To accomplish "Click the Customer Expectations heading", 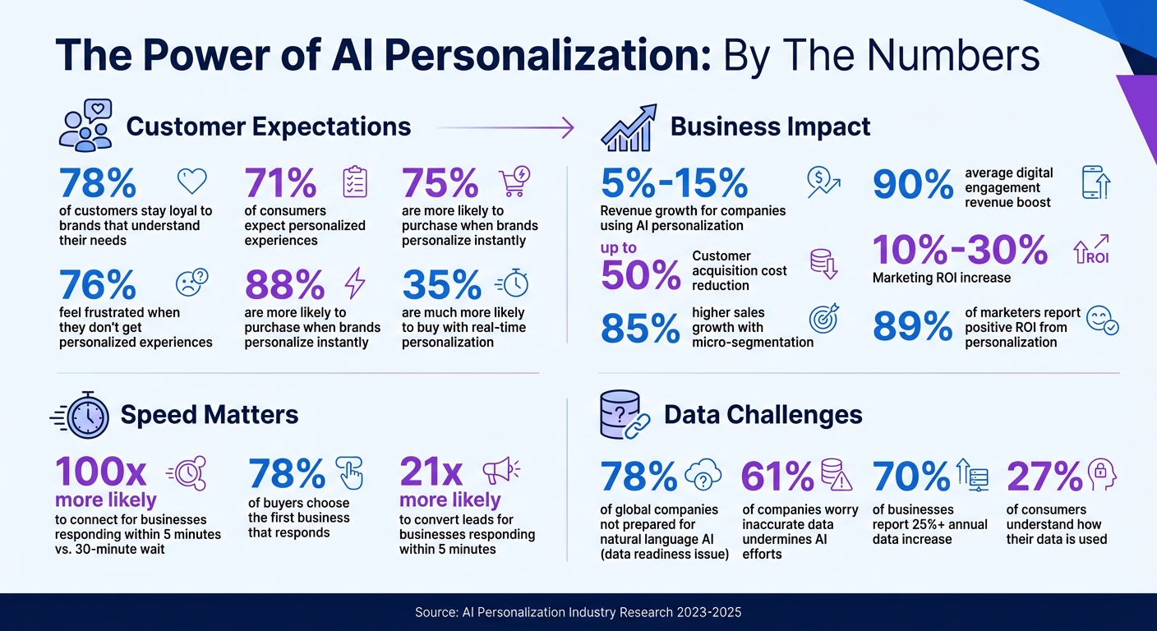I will click(268, 127).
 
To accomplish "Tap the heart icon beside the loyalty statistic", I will click(192, 181).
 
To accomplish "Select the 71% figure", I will click(280, 183).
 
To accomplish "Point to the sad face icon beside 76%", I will click(192, 283).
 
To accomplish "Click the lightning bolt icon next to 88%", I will click(354, 283).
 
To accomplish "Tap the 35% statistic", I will click(441, 285).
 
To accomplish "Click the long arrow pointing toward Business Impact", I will click(505, 127).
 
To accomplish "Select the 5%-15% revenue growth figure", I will click(674, 183).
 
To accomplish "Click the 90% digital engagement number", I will click(912, 185).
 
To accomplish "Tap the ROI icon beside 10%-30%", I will click(1091, 250).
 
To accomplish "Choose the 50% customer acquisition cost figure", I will click(640, 274).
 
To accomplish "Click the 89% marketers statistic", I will click(912, 326).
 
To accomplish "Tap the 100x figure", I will click(100, 472).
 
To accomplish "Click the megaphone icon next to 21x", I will click(500, 472).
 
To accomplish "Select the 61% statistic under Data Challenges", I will click(777, 476).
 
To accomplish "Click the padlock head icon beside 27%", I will click(1103, 474).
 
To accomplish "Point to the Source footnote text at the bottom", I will click(578, 612).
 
